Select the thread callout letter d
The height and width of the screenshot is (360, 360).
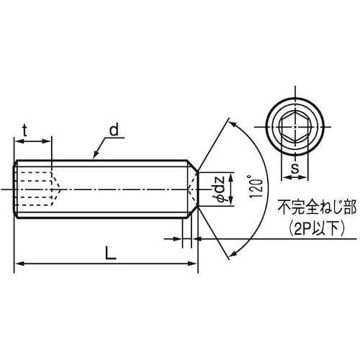pos(114,130)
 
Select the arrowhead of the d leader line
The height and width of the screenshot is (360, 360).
pos(91,156)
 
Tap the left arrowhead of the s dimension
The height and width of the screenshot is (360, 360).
pos(282,177)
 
